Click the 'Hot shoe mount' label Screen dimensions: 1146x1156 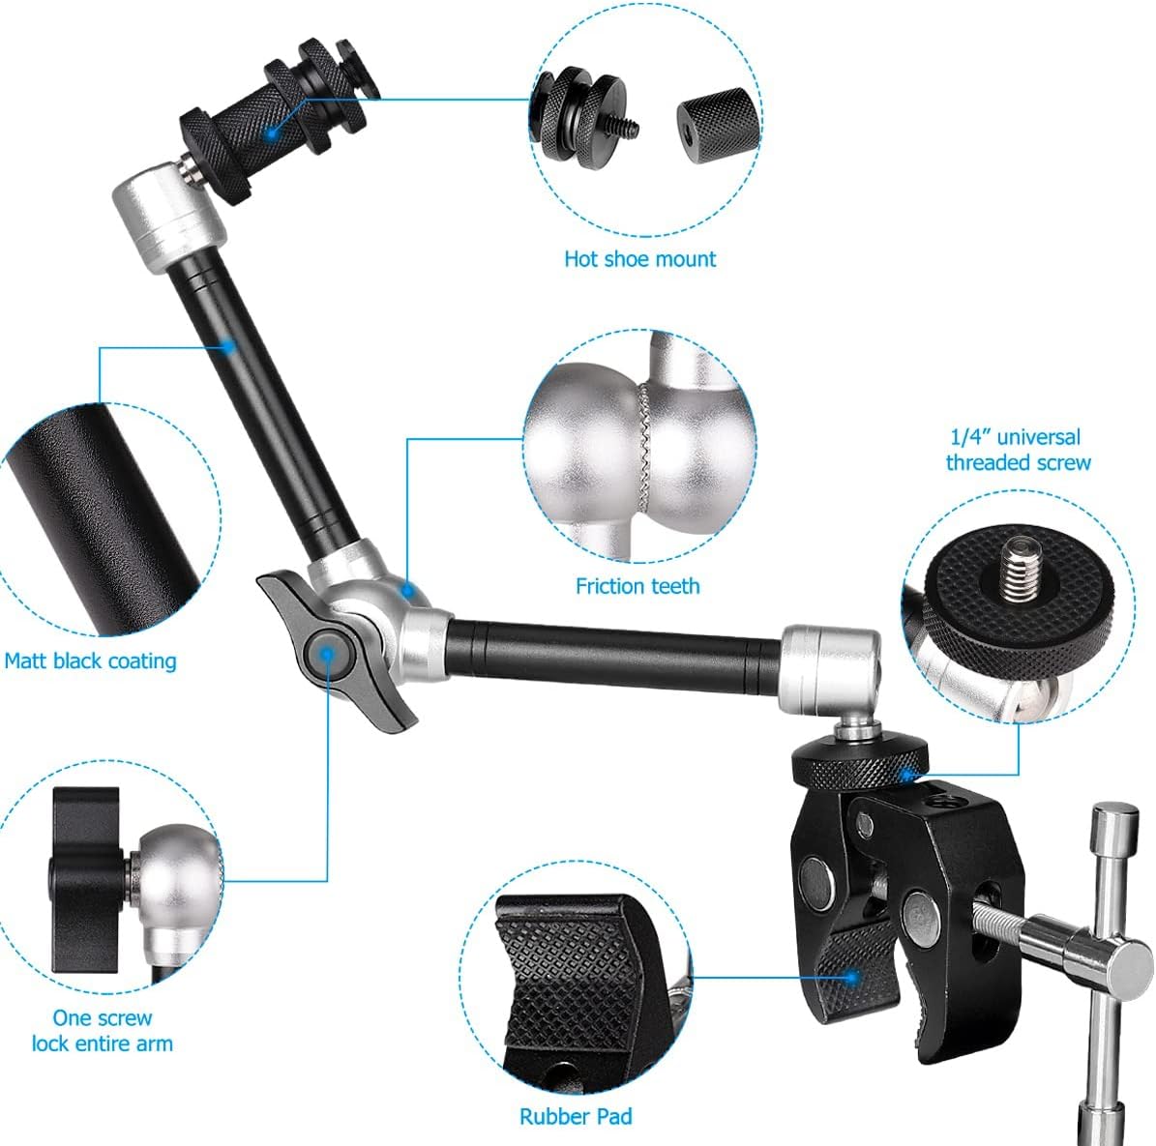[x=639, y=259]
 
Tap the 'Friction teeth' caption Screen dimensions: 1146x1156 [x=637, y=586]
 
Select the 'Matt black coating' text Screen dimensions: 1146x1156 [x=90, y=661]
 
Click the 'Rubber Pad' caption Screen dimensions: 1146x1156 [x=576, y=1117]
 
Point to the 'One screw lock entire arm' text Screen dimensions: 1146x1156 [x=102, y=1031]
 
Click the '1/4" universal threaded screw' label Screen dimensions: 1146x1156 [x=1017, y=451]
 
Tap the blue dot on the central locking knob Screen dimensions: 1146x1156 [x=327, y=655]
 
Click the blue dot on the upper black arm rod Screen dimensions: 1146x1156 [x=228, y=344]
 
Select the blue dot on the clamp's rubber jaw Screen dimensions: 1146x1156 [x=851, y=978]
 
